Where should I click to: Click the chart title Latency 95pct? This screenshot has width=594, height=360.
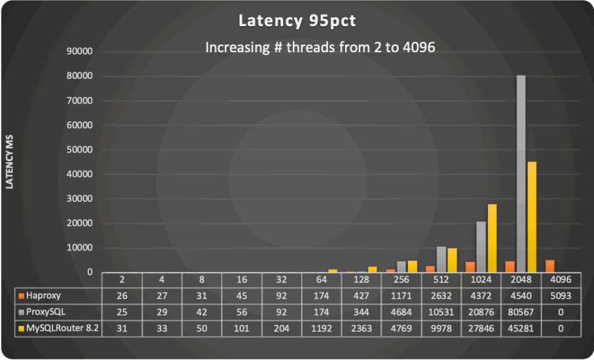point(296,22)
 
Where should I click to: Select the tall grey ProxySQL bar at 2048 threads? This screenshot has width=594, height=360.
point(521,174)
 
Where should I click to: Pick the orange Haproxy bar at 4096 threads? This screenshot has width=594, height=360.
point(550,266)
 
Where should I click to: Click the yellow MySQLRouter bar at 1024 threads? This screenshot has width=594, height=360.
point(491,238)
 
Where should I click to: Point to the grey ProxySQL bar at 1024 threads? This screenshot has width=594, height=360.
point(481,247)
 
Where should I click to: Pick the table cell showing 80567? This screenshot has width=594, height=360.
point(521,312)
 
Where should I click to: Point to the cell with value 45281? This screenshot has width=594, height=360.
point(521,328)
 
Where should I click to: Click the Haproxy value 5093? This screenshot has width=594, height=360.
point(561,295)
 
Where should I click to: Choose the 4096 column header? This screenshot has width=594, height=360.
point(561,279)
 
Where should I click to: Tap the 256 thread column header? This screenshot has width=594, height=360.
point(401,279)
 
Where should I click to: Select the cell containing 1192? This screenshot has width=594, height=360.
point(321,328)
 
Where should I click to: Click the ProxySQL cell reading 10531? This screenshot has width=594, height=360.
point(441,312)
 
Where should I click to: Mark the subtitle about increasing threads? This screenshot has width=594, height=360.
point(320,48)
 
